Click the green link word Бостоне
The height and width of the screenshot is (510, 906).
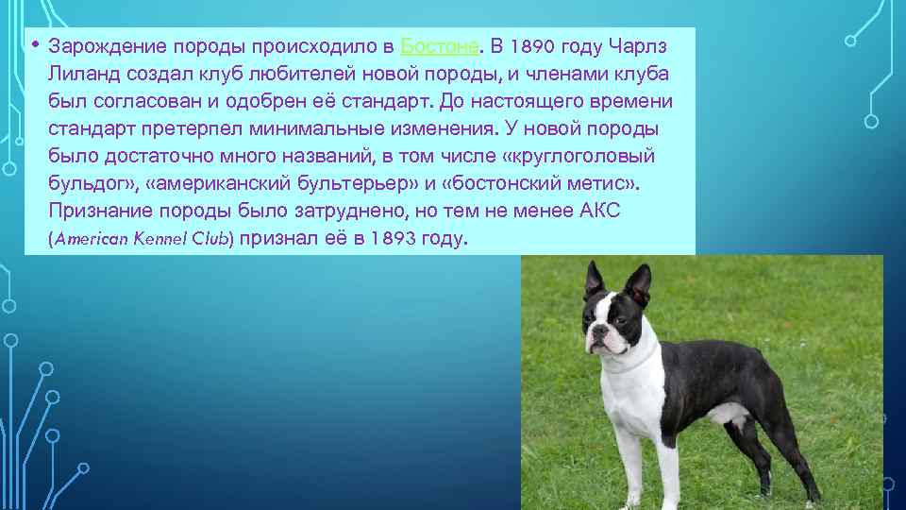(x=439, y=46)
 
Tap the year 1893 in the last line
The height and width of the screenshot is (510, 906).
(x=393, y=238)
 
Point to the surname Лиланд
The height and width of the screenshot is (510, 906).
(x=84, y=74)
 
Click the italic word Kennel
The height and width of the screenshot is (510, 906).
(x=160, y=238)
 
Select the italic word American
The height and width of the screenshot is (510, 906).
(x=91, y=238)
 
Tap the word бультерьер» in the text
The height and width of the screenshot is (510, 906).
(x=357, y=183)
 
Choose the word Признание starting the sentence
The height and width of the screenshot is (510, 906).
(x=101, y=211)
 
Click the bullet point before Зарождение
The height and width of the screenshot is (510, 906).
(x=35, y=44)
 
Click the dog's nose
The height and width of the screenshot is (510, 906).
(x=596, y=331)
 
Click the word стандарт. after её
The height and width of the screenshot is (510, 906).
(x=387, y=101)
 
